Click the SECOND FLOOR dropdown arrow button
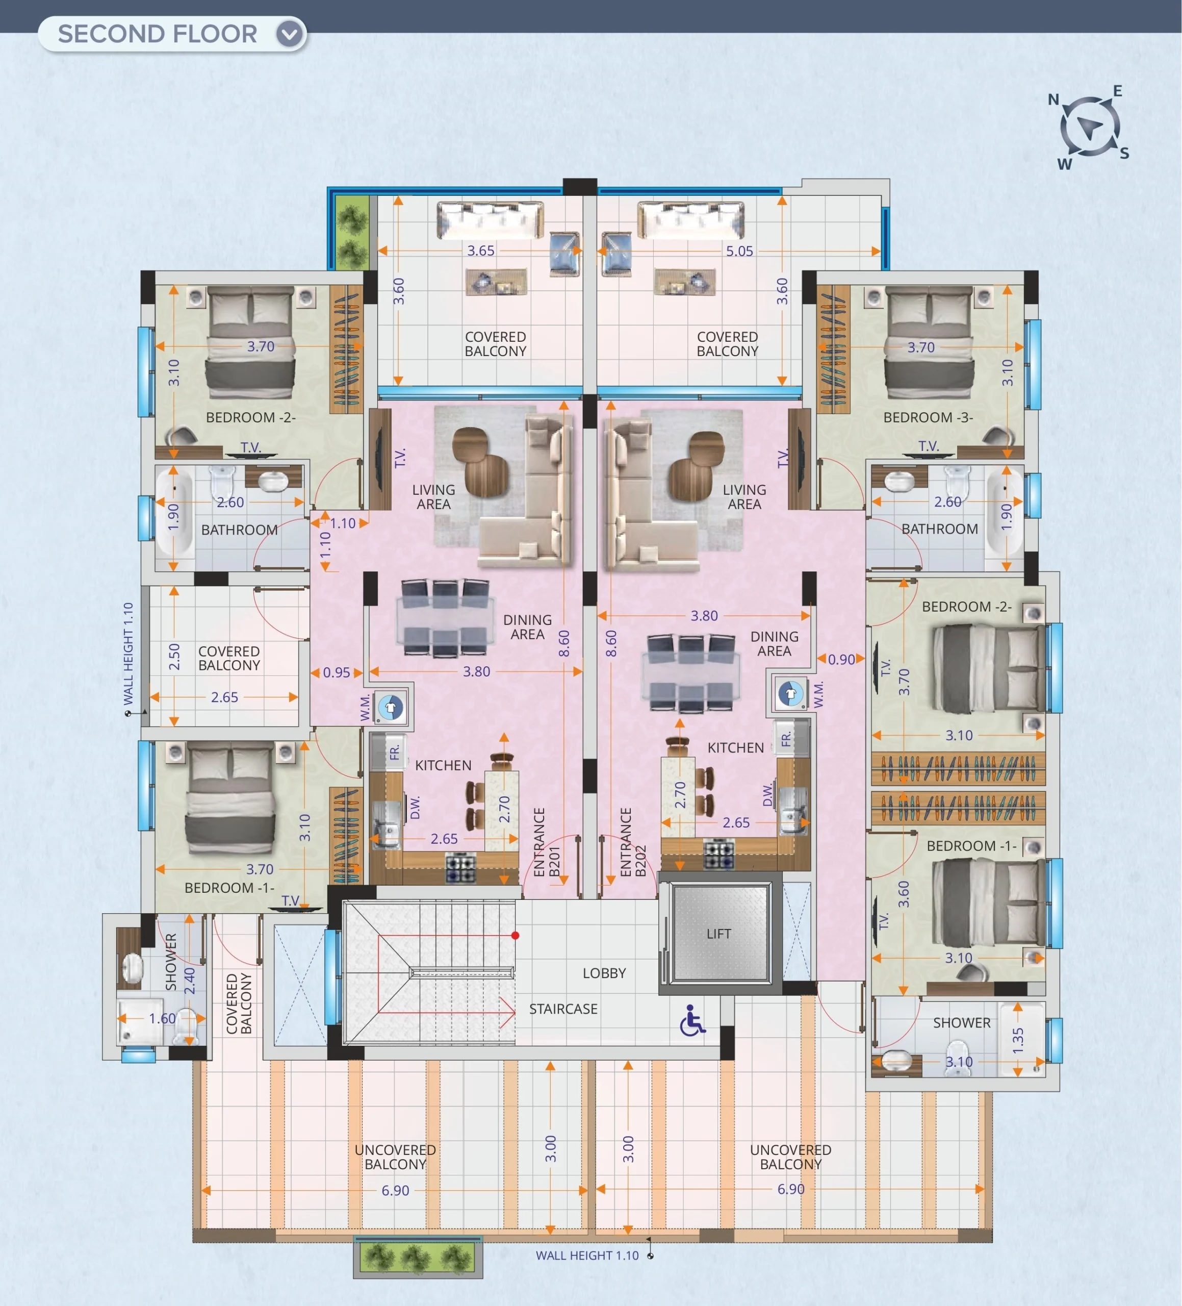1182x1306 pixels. click(290, 34)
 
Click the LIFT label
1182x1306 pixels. click(719, 934)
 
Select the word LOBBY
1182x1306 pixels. click(604, 973)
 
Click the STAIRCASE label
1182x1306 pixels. click(563, 1009)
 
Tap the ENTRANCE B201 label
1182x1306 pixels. click(546, 842)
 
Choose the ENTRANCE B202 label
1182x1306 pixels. click(633, 842)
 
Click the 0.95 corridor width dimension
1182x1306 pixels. click(337, 672)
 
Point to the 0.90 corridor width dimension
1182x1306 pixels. click(841, 660)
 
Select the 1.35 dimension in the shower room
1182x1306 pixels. click(1018, 1040)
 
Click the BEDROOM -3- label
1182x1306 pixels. click(928, 417)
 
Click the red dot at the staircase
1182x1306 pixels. click(515, 936)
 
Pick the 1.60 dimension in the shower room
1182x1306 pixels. click(163, 1018)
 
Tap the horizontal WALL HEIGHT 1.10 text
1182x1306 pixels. click(587, 1255)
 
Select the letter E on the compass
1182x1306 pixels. click(1117, 91)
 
